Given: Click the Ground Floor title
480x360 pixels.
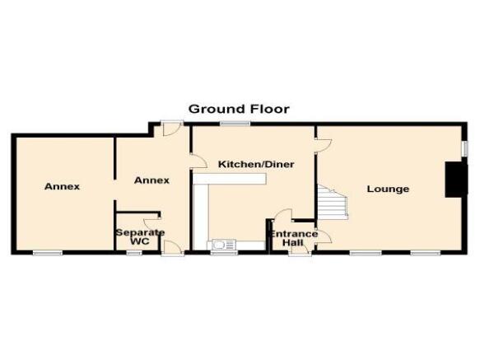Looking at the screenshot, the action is (239, 109).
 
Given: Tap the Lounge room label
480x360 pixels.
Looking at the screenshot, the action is (388, 189).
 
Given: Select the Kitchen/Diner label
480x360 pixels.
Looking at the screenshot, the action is (256, 164).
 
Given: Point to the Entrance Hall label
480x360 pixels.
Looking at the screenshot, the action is (293, 238).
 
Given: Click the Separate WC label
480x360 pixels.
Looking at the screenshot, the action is (140, 236).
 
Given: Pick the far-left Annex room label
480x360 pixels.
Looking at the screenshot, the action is (62, 186).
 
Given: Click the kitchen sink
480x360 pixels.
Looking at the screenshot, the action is (221, 245).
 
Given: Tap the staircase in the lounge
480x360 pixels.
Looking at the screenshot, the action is (332, 201).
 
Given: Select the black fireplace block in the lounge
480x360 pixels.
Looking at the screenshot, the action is (456, 180).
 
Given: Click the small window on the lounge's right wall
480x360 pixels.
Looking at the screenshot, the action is (464, 148).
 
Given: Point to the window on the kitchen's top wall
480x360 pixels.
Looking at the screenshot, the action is (235, 124).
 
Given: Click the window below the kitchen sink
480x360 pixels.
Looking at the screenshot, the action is (224, 253).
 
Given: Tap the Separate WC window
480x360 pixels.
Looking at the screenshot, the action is (134, 253).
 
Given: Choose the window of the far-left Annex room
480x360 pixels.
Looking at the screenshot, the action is (48, 253).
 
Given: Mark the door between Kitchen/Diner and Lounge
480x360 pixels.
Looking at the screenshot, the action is (324, 146).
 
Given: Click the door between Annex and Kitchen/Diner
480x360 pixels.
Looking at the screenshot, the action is (198, 161).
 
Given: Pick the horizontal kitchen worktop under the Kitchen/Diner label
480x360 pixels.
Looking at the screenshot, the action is (229, 179).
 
